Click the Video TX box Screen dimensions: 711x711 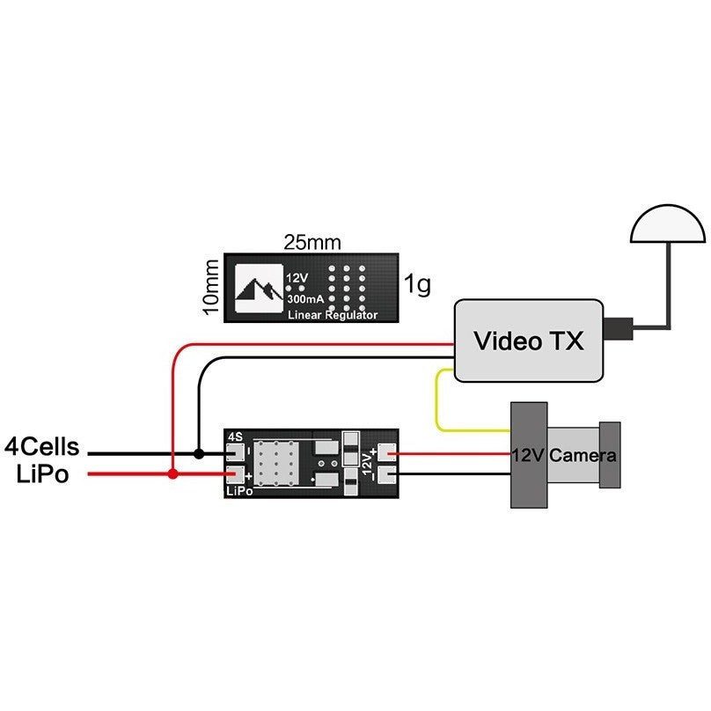[x=528, y=341]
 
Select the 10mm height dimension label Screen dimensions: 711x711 [x=211, y=286]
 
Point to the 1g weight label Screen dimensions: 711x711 [x=417, y=285]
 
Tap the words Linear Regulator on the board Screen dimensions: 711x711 [x=333, y=314]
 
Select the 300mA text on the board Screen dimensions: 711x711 [x=304, y=299]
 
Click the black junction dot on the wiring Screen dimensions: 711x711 [x=200, y=454]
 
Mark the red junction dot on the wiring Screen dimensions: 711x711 [x=173, y=474]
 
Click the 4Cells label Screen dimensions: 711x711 [x=41, y=447]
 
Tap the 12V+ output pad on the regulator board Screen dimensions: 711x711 [x=388, y=454]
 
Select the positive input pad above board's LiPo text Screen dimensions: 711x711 [x=235, y=474]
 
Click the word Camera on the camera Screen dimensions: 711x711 [x=583, y=456]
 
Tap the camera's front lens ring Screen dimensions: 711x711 [x=610, y=454]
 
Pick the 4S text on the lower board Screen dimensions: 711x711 [x=235, y=436]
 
